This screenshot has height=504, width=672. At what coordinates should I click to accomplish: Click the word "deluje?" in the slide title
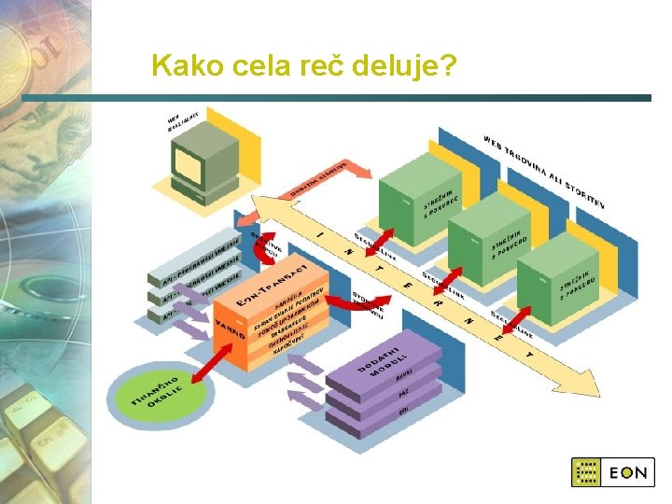pyautogui.click(x=405, y=67)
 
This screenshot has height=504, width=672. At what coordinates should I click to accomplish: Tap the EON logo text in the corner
pyautogui.click(x=628, y=472)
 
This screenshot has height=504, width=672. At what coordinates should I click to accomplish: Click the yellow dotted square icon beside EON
pyautogui.click(x=586, y=472)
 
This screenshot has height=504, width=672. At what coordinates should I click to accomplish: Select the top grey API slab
pyautogui.click(x=201, y=257)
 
